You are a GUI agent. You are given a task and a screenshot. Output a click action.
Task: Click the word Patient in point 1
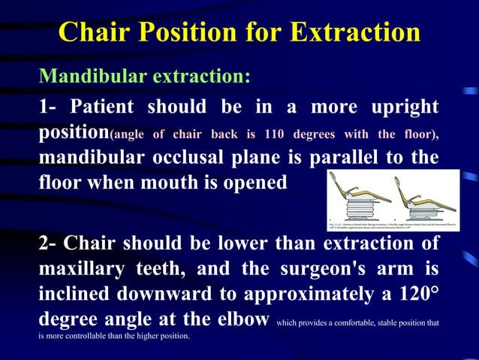point(105,107)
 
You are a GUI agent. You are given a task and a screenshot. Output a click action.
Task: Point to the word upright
point(402,107)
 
